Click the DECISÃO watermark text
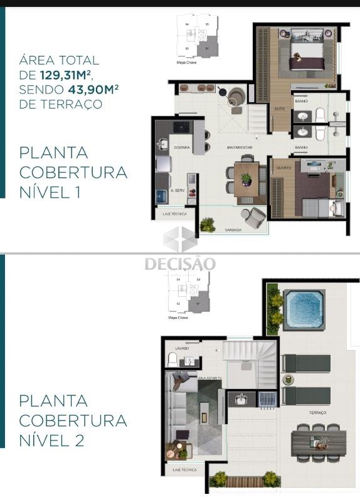[x=180, y=264]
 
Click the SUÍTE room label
[x=278, y=109]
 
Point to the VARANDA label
[x=233, y=231]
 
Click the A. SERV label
[x=176, y=190]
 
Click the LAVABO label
[x=183, y=347]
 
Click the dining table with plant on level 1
[x=245, y=179]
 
